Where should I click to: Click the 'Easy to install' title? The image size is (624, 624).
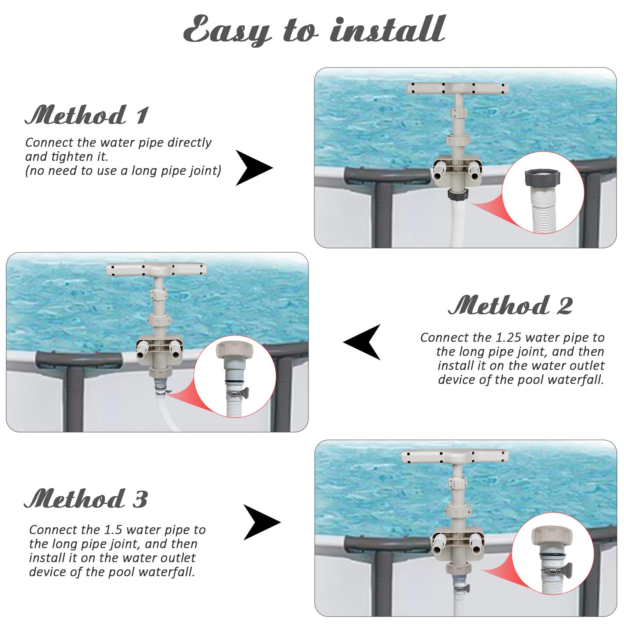314,30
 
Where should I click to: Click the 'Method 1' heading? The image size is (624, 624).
87,115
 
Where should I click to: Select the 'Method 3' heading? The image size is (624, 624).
86,499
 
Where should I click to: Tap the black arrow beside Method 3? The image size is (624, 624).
262,522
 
